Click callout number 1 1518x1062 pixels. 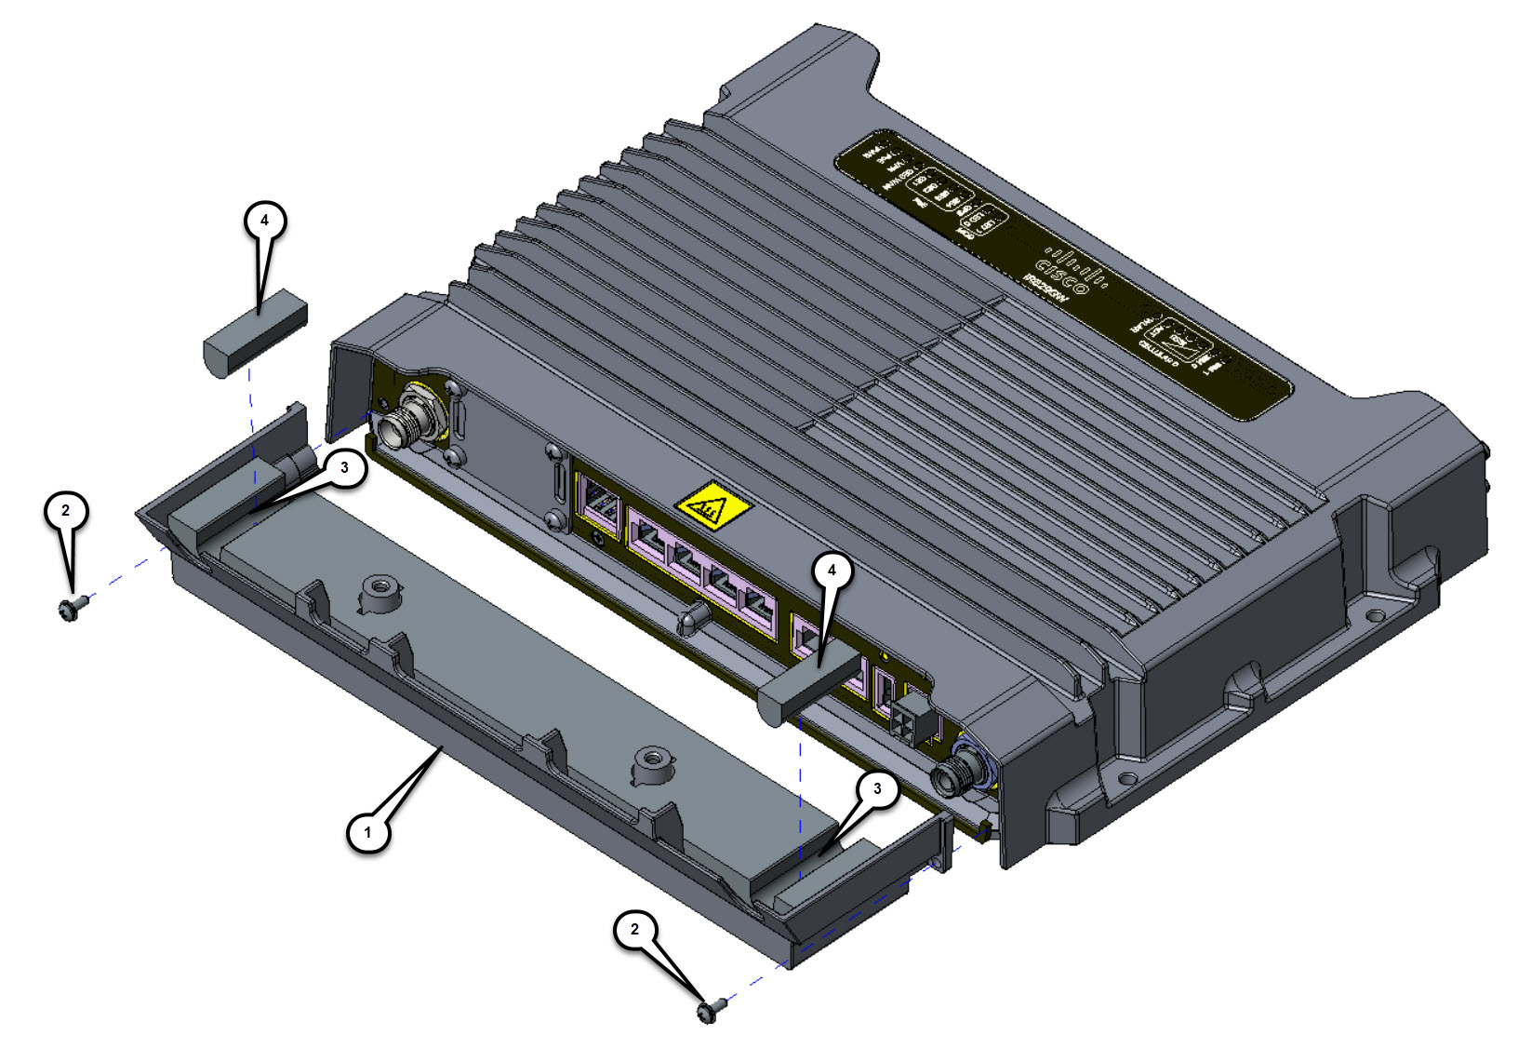(368, 831)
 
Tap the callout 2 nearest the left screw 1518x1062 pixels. (65, 511)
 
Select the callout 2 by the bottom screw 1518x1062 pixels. (635, 930)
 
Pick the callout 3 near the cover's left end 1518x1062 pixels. (344, 468)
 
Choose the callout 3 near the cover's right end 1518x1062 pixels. (876, 789)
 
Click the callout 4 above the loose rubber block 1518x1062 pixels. (264, 221)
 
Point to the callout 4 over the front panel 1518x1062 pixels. (832, 571)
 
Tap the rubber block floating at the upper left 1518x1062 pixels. (254, 332)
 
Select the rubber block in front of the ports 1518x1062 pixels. (809, 686)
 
